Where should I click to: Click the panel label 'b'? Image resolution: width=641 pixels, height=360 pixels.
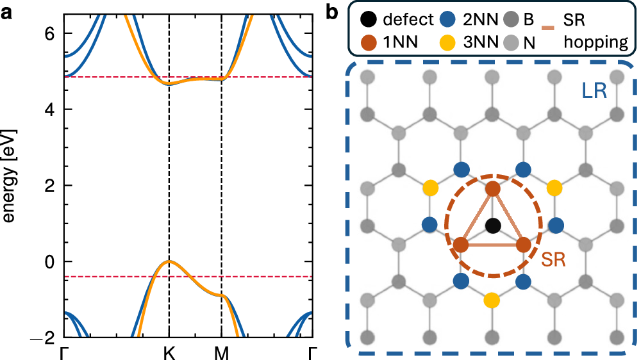335,11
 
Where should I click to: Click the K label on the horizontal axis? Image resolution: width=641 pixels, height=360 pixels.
169,352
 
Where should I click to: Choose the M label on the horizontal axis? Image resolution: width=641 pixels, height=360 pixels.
221,352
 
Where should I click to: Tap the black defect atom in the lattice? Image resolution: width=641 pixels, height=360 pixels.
492,225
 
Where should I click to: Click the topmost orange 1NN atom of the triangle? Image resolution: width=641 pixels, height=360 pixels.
492,189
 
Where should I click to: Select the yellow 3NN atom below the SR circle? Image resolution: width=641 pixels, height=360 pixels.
492,299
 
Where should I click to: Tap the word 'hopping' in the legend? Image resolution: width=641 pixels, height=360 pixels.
597,42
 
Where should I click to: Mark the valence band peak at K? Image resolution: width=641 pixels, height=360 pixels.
169,261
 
